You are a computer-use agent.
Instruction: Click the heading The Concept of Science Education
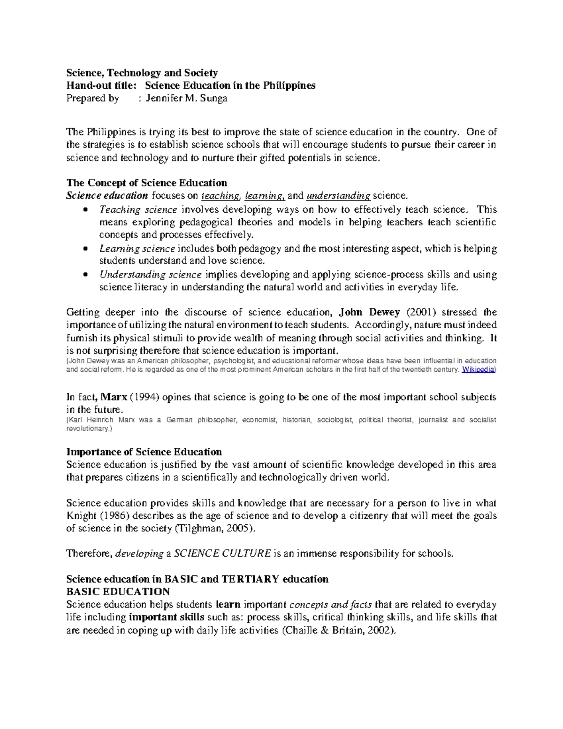147,183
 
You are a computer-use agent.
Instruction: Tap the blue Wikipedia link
478,370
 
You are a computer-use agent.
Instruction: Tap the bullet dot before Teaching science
84,210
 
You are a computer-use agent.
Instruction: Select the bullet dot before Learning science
84,249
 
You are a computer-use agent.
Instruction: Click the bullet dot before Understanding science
84,275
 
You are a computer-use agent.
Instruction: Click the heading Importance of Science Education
144,452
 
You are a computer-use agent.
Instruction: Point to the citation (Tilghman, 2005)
216,528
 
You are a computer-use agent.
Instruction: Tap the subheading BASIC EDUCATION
118,591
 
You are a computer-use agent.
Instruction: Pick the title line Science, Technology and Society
142,73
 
